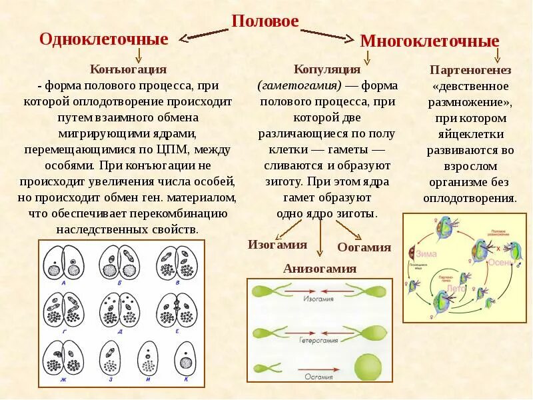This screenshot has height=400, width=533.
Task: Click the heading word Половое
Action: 265,21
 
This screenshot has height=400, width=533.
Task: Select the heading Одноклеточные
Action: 103,39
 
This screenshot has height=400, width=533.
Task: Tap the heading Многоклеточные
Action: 429,41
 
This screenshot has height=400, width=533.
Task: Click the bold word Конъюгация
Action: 128,69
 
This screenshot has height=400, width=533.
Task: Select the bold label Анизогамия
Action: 320,269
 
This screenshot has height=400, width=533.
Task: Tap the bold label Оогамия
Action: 364,247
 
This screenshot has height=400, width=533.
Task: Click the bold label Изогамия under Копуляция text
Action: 277,244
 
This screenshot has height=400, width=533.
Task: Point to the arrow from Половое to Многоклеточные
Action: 326,35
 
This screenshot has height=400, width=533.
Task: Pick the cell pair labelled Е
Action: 177,309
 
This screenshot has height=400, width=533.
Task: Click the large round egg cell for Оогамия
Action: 370,368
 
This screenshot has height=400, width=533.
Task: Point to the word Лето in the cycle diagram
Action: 456,289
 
